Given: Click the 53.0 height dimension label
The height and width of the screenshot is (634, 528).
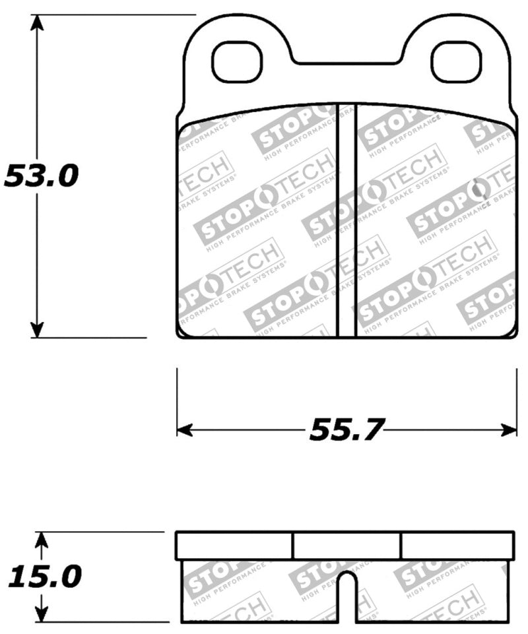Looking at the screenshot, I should pos(41,177).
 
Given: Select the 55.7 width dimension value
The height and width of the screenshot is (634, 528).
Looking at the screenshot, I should pos(346,431).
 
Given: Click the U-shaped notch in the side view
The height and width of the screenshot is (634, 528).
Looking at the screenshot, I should pos(347,594).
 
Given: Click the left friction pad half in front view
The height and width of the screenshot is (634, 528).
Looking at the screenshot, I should pos(257,224).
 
